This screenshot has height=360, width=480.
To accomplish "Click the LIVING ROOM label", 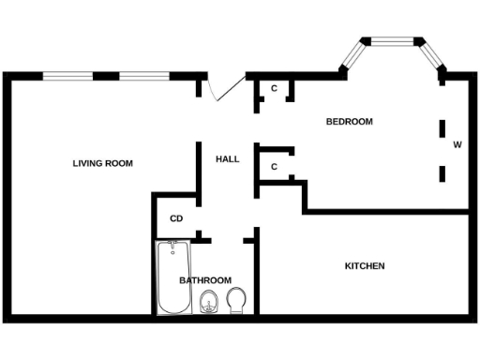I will [x=103, y=163].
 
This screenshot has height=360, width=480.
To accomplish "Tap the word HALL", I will [x=227, y=159].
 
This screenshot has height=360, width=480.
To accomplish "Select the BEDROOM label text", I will [x=349, y=122].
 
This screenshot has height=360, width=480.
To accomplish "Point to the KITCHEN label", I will [x=365, y=266].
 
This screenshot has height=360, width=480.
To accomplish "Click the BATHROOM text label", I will [x=205, y=280].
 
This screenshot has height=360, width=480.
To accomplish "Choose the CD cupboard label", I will [x=175, y=219].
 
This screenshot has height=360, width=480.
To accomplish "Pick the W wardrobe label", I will [x=457, y=145].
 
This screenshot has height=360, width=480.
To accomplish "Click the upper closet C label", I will [x=274, y=89].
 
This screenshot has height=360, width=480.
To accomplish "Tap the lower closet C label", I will [x=274, y=167].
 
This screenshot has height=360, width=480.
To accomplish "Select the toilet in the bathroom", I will [x=236, y=300].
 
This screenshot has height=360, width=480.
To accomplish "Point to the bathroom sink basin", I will [x=209, y=302].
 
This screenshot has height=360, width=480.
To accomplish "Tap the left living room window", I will [x=67, y=75].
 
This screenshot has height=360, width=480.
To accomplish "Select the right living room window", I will [x=143, y=75].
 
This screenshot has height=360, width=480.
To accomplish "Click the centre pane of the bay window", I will [x=394, y=40].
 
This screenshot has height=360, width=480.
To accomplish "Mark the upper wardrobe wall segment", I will [x=442, y=127].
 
